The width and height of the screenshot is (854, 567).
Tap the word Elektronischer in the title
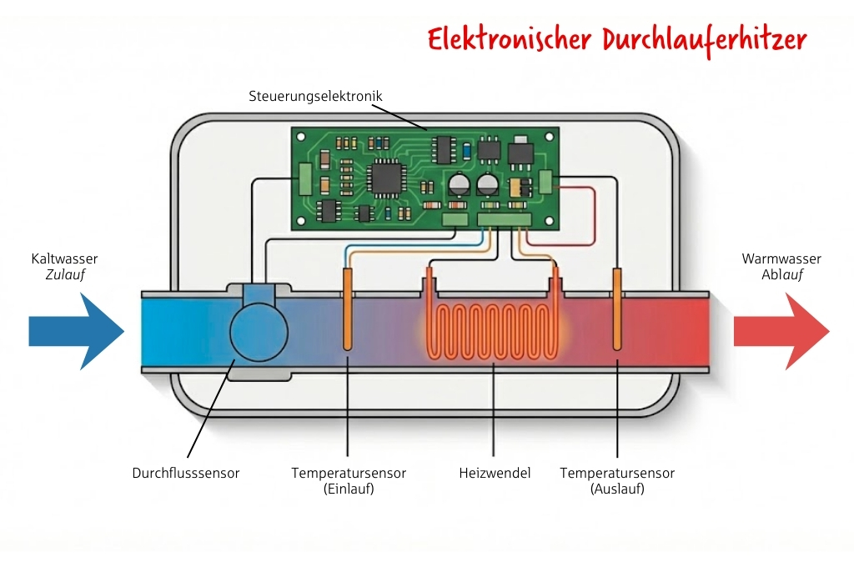(502, 39)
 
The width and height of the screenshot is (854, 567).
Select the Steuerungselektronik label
(315, 96)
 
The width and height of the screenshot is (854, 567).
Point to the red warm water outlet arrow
(781, 331)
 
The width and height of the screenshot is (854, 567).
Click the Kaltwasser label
(65, 259)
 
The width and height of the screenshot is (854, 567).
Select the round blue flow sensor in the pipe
(259, 332)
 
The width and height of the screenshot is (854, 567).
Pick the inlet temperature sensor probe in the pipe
(348, 310)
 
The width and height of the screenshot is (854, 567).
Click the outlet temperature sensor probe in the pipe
(617, 310)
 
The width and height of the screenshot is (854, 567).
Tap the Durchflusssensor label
(186, 473)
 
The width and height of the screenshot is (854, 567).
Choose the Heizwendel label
(495, 473)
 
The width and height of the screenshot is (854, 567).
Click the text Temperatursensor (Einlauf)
(349, 481)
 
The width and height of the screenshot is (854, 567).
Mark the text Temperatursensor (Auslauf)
(617, 481)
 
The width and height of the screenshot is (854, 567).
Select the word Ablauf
(781, 274)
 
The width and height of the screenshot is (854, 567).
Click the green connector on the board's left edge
(305, 178)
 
